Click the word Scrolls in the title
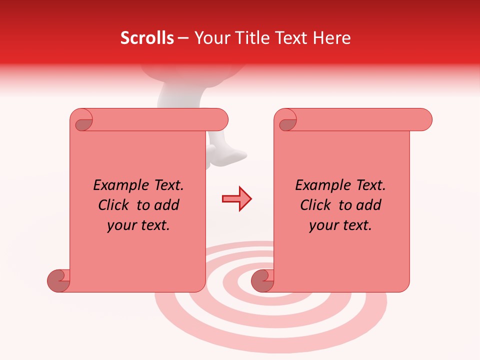click(x=147, y=38)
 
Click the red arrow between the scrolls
click(x=236, y=199)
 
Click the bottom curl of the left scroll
click(x=59, y=280)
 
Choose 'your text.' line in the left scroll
click(x=138, y=225)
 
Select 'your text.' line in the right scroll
click(x=340, y=225)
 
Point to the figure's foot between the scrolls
click(x=230, y=154)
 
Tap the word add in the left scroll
click(x=166, y=205)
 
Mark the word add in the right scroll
click(x=368, y=205)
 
